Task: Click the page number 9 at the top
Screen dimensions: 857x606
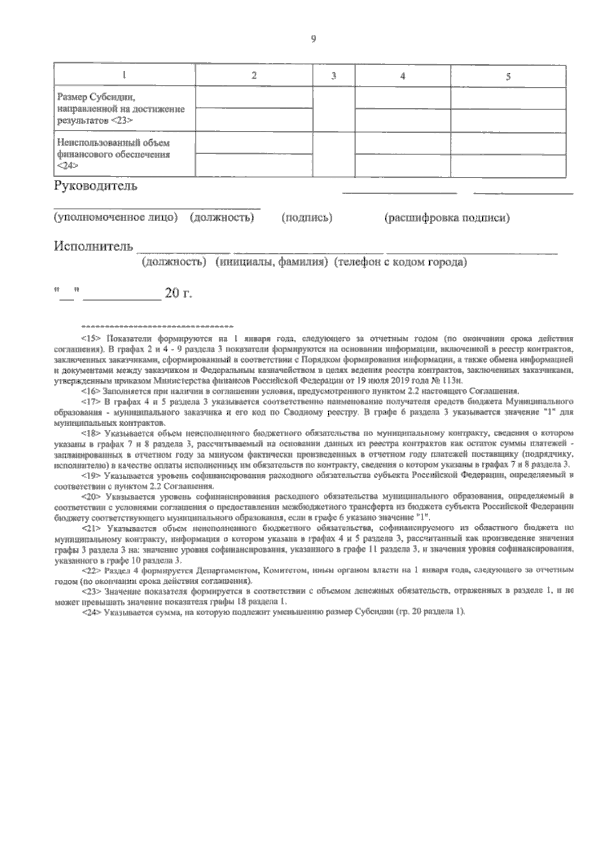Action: point(314,40)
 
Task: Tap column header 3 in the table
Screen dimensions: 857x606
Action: point(333,76)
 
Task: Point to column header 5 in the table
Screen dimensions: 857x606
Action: point(508,77)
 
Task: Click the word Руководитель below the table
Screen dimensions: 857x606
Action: point(95,186)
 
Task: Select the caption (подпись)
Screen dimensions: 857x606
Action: point(307,218)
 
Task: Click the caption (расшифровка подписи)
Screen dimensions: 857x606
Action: point(447,218)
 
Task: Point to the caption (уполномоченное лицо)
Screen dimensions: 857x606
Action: point(116,218)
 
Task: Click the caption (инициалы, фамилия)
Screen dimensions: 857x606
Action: point(271,263)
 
